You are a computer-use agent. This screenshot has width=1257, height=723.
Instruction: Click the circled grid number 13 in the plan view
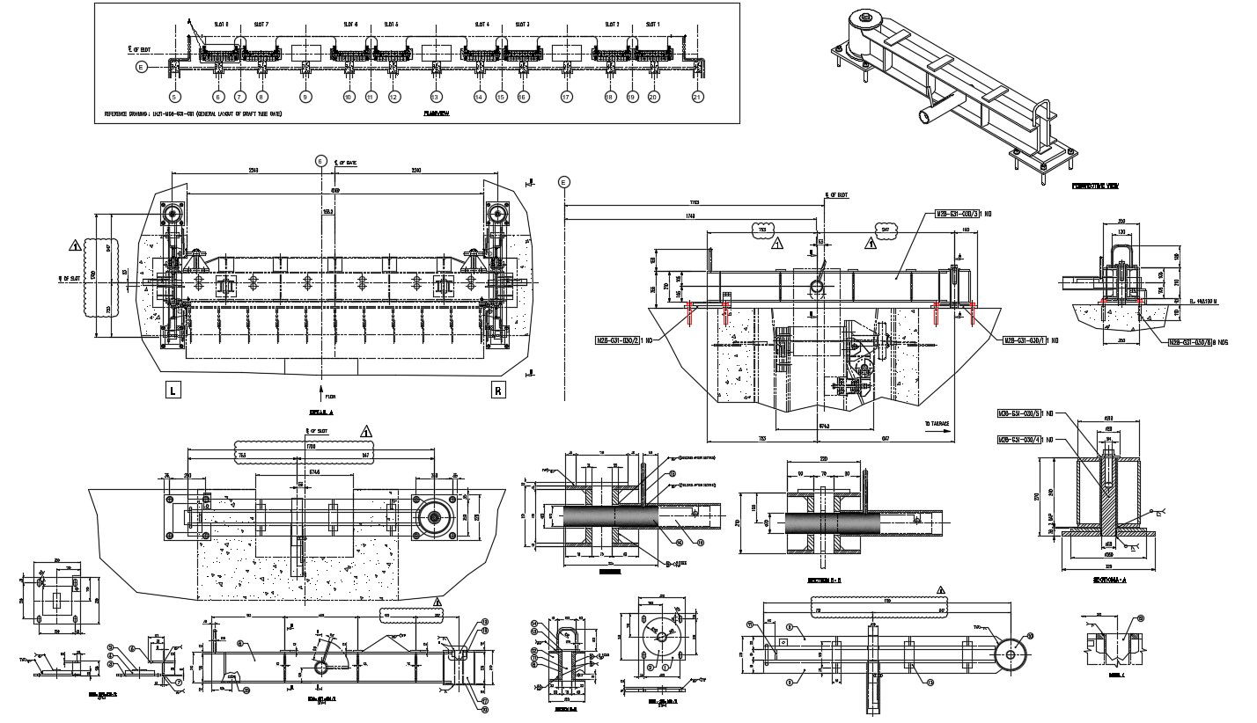click(436, 97)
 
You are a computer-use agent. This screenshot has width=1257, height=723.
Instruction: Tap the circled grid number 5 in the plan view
click(174, 97)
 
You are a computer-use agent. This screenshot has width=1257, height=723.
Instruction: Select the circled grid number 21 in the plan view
click(698, 97)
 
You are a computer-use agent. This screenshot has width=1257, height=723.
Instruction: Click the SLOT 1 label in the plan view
click(652, 26)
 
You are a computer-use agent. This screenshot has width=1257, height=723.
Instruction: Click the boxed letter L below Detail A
click(173, 391)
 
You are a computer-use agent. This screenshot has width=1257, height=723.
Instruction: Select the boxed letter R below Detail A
click(499, 391)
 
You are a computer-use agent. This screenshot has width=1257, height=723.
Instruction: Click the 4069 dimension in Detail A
click(334, 189)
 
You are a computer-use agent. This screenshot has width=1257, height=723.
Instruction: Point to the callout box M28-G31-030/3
click(963, 213)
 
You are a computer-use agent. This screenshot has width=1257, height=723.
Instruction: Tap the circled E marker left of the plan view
click(142, 66)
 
